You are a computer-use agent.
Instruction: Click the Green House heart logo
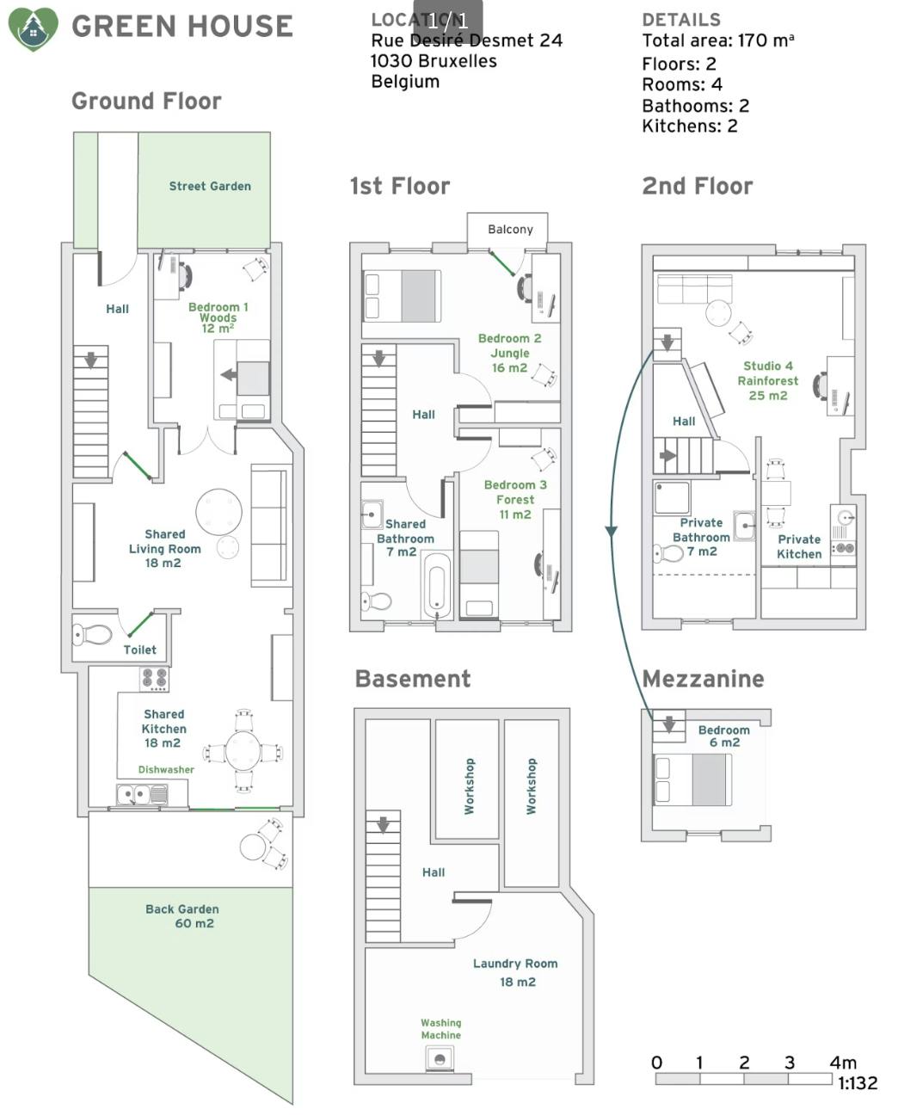(34, 29)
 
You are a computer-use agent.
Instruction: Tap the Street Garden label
(210, 186)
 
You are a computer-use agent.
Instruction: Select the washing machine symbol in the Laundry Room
(440, 1057)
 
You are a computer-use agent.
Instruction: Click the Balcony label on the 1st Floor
(510, 230)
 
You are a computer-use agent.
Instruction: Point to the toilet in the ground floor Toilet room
(92, 634)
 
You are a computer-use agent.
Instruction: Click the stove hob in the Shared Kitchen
(155, 679)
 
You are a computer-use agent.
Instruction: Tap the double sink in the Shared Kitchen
(142, 794)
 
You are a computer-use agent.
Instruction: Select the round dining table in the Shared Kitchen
(243, 750)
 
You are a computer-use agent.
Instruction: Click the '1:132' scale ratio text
(858, 1083)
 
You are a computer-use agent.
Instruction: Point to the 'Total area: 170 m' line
(717, 40)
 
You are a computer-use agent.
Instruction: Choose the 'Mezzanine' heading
(703, 679)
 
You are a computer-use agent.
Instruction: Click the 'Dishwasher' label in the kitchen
(166, 769)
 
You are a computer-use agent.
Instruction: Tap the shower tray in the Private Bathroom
(672, 497)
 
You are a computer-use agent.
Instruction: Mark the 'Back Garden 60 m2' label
(181, 915)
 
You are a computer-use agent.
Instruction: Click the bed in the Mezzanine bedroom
(693, 779)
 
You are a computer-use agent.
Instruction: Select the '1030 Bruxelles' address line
(434, 61)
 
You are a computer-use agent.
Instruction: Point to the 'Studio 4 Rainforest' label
(768, 373)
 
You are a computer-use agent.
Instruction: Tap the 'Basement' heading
(413, 679)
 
